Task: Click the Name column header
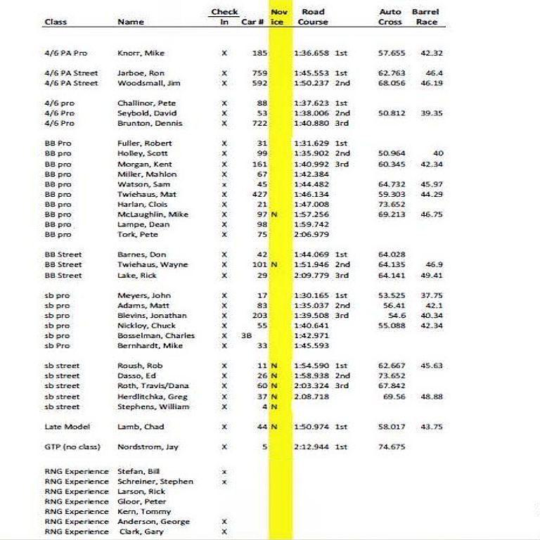pos(131,22)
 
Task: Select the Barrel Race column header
pos(425,17)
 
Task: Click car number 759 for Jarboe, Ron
pos(259,73)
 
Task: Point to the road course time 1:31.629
pos(311,143)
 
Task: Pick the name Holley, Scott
pos(142,153)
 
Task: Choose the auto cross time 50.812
pos(392,113)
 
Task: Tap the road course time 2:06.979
pos(311,235)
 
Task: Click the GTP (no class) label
pos(72,446)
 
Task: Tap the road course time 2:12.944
pos(311,446)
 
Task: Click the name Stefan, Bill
pos(139,472)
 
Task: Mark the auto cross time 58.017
pos(392,427)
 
